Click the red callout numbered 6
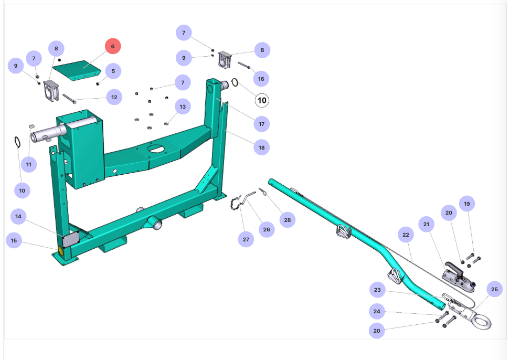point(112,46)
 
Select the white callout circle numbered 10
point(262,100)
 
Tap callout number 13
point(183,107)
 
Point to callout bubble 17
point(261,124)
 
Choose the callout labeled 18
point(261,147)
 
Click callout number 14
point(18,216)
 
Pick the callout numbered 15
point(14,240)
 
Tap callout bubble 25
point(494,289)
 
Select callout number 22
point(406,235)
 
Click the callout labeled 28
point(287,220)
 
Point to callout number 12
point(113,97)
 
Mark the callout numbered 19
point(466,204)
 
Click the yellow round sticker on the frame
point(60,251)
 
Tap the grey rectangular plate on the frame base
point(70,240)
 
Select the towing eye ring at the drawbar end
point(481,320)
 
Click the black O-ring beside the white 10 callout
point(236,83)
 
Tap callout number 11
point(29,164)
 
